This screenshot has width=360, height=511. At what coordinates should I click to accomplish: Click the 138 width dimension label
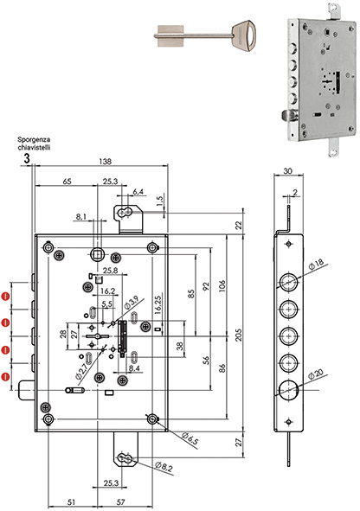point(105,161)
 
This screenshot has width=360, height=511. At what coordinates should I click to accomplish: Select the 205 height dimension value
point(239,335)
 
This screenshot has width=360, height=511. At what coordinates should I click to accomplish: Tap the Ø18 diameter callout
point(316,265)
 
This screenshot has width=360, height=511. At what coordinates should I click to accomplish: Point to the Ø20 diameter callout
point(316,374)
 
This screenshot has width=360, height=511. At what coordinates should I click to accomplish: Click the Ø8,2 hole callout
point(164,467)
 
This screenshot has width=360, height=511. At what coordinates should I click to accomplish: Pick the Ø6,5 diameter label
point(190,438)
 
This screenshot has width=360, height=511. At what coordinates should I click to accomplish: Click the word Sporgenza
point(34,140)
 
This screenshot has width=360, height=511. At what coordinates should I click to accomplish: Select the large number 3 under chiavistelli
point(27,159)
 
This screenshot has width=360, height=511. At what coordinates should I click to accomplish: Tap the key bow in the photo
point(245,35)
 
